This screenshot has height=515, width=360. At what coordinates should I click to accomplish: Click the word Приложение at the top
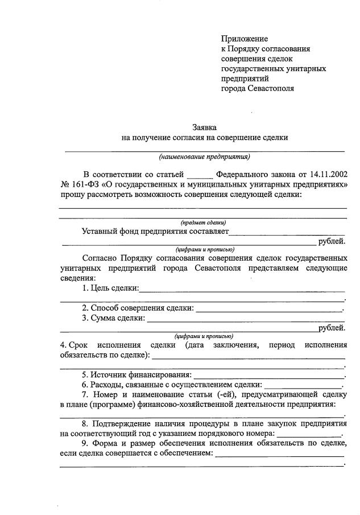(x=244, y=39)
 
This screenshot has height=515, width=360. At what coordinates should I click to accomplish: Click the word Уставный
(x=100, y=232)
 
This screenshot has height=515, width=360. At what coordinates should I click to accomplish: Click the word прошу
(x=72, y=195)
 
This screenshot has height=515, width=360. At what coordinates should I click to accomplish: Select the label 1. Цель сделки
(x=110, y=289)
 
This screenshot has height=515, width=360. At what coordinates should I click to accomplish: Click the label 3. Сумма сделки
(x=113, y=318)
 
